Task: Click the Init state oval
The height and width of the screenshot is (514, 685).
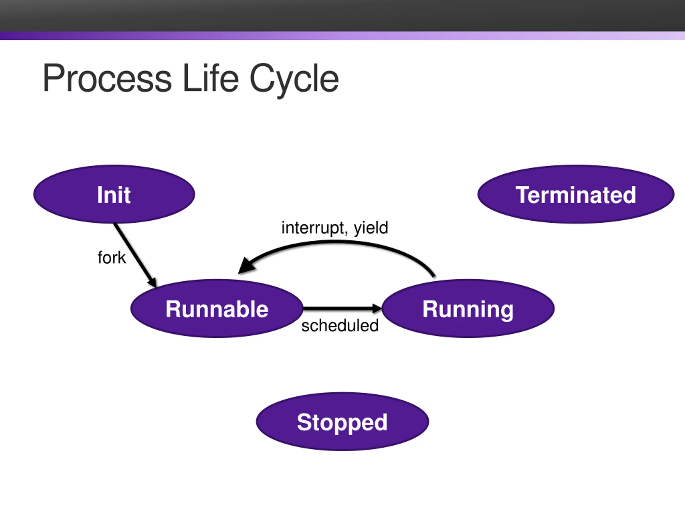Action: tap(114, 194)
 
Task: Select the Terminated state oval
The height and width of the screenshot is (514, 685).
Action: tap(576, 194)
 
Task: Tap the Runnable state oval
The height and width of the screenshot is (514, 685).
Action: tap(217, 309)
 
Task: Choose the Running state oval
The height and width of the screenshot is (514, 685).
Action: tap(468, 309)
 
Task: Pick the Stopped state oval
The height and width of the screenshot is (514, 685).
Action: tap(342, 422)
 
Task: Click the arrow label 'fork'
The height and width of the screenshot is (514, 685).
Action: tap(112, 258)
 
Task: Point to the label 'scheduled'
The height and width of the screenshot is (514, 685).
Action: tap(340, 326)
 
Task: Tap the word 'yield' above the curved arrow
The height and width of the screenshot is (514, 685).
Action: tap(371, 228)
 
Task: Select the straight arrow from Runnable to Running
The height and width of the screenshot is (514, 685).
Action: tap(342, 308)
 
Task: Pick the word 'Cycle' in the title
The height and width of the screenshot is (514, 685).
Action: tap(294, 80)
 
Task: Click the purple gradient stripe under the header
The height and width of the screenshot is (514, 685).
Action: tap(342, 36)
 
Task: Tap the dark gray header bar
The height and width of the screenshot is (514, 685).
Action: tap(342, 16)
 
